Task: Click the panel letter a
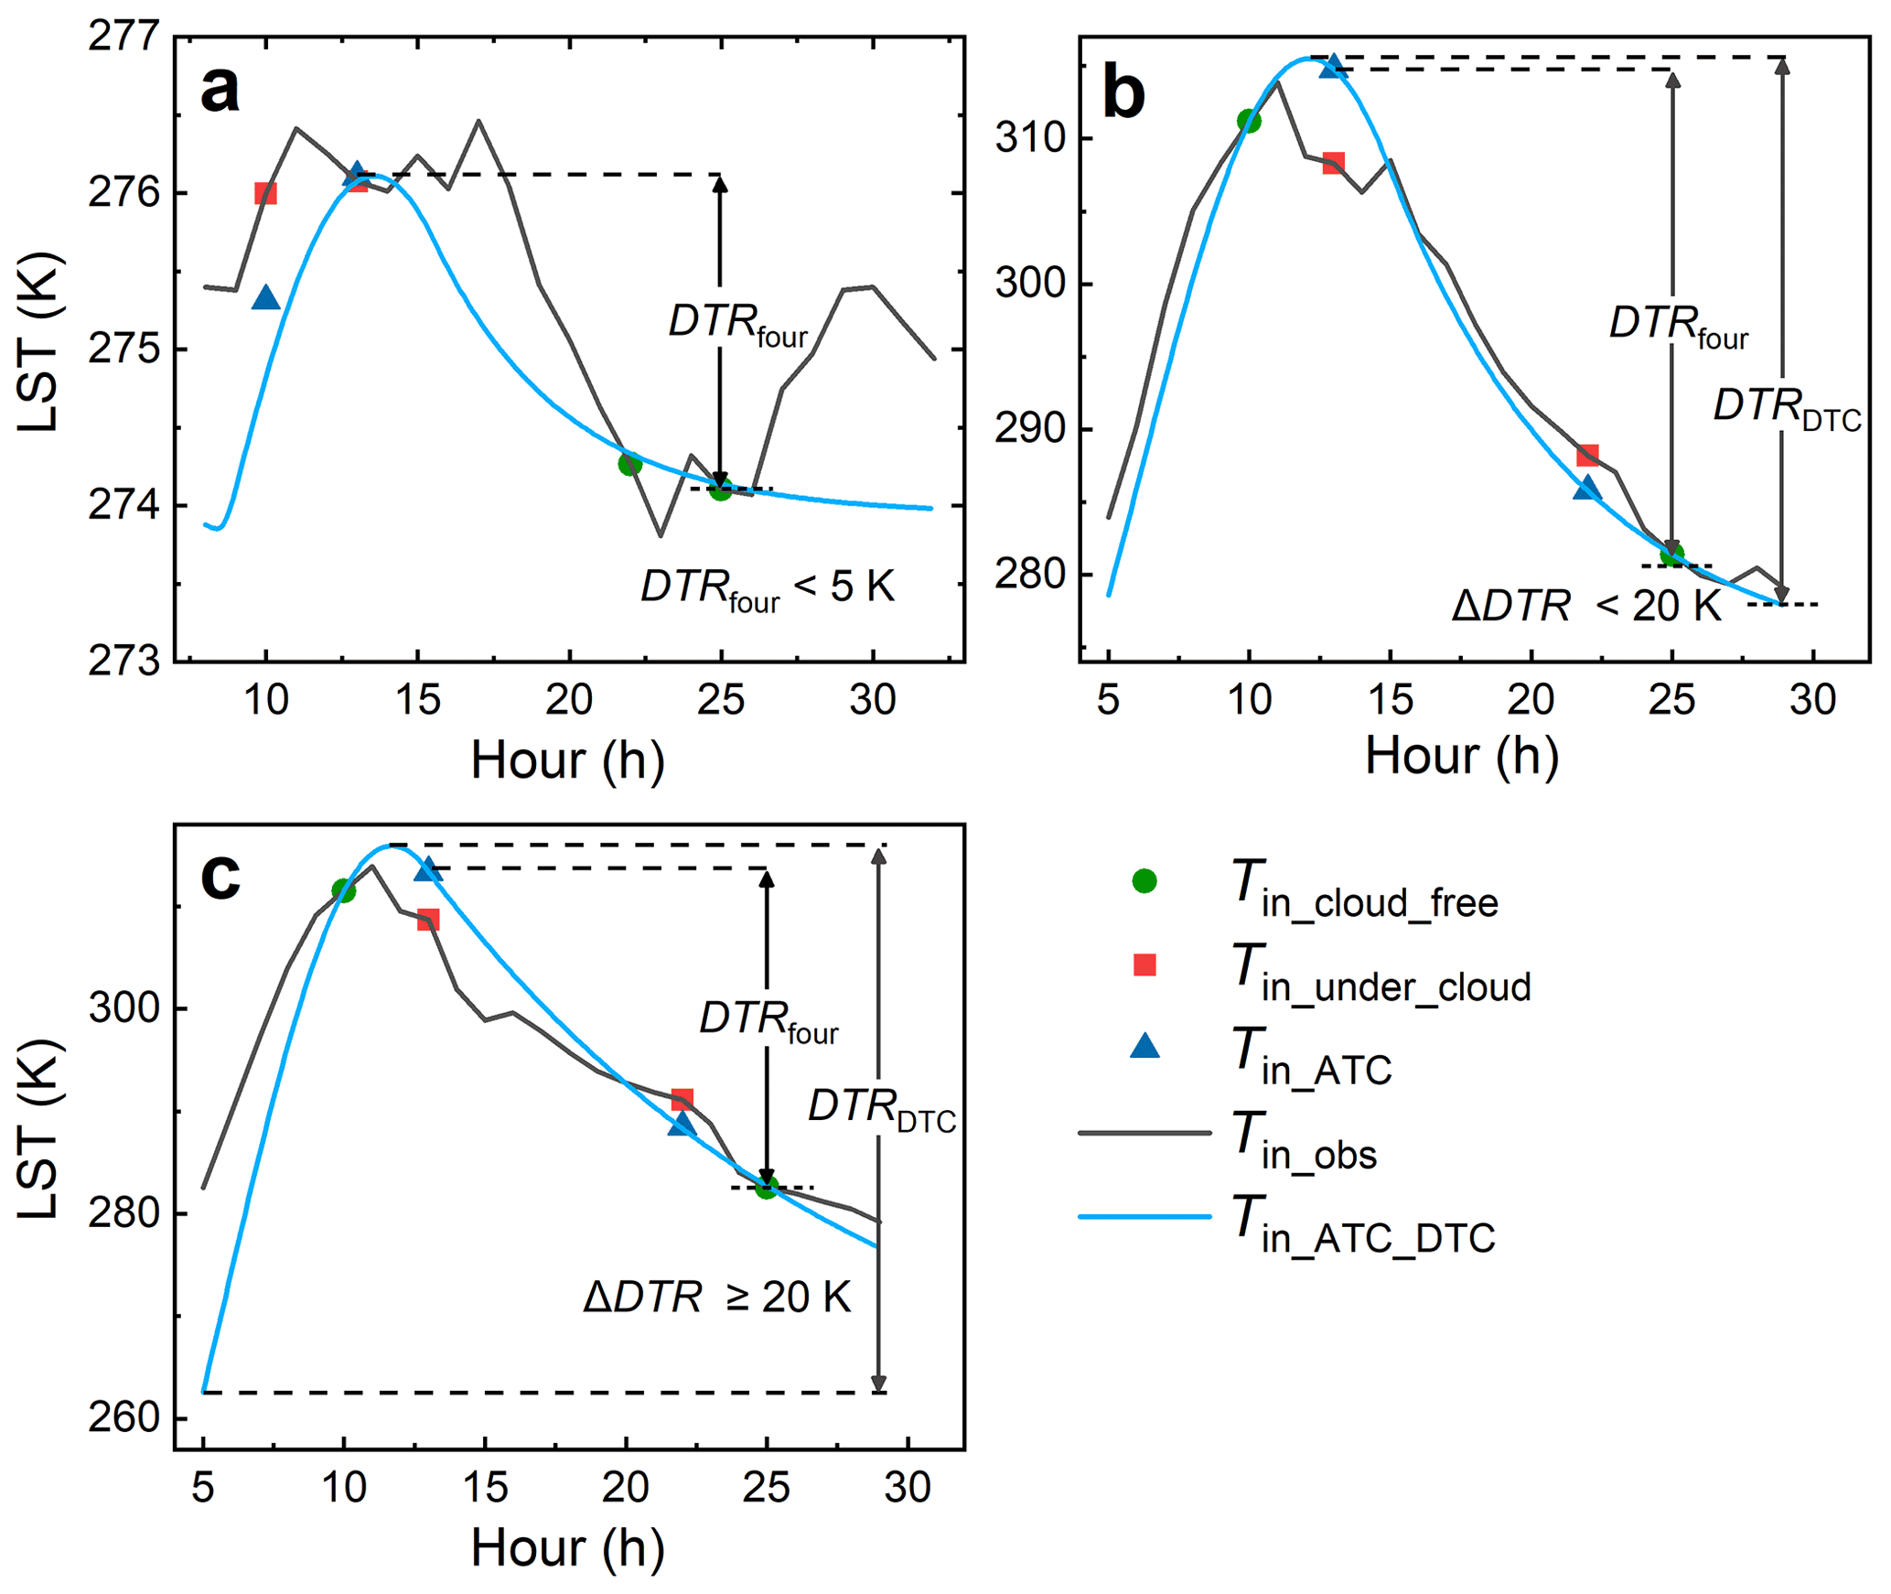pyautogui.click(x=220, y=90)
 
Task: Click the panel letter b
pyautogui.click(x=1123, y=94)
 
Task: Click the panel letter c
pyautogui.click(x=220, y=876)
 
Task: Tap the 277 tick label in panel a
pyautogui.click(x=124, y=38)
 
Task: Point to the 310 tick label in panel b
pyautogui.click(x=1031, y=139)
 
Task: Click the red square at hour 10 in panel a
pyautogui.click(x=265, y=193)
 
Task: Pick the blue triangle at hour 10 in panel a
pyautogui.click(x=266, y=298)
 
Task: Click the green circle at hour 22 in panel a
pyautogui.click(x=629, y=464)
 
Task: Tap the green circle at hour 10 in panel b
pyautogui.click(x=1249, y=121)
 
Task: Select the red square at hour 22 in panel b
pyautogui.click(x=1587, y=455)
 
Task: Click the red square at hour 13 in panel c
pyautogui.click(x=428, y=920)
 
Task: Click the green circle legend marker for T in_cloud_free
pyautogui.click(x=1144, y=881)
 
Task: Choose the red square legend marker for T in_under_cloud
pyautogui.click(x=1144, y=964)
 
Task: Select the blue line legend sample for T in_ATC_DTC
pyautogui.click(x=1144, y=1217)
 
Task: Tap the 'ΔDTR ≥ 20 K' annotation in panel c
pyautogui.click(x=717, y=1298)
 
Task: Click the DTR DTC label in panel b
pyautogui.click(x=1786, y=408)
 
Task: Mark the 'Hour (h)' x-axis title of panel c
pyautogui.click(x=567, y=1548)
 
